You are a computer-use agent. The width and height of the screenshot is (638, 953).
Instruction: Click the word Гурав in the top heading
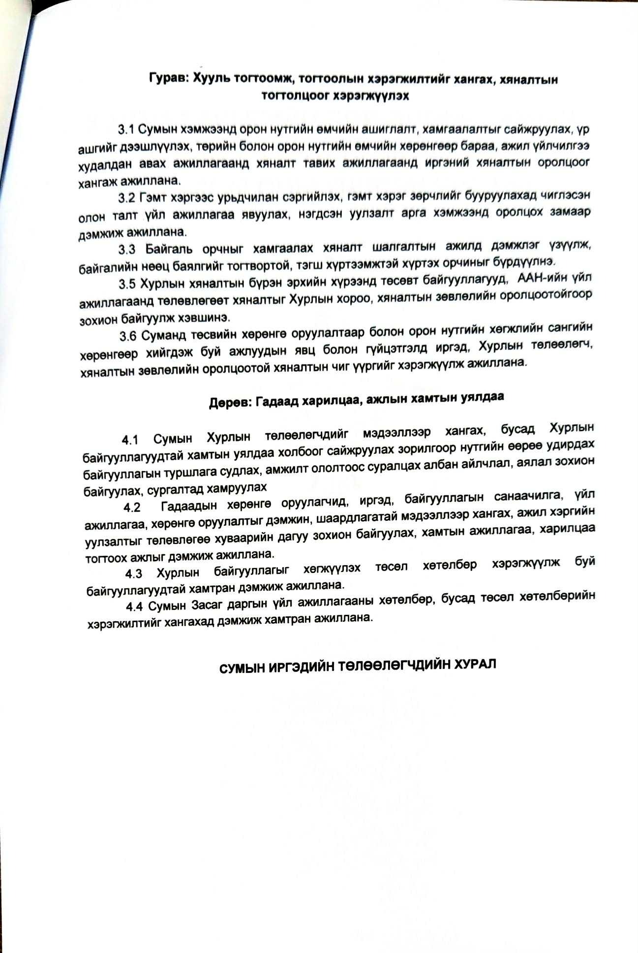click(166, 79)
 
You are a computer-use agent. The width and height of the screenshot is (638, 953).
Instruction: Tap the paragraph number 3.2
click(126, 198)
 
